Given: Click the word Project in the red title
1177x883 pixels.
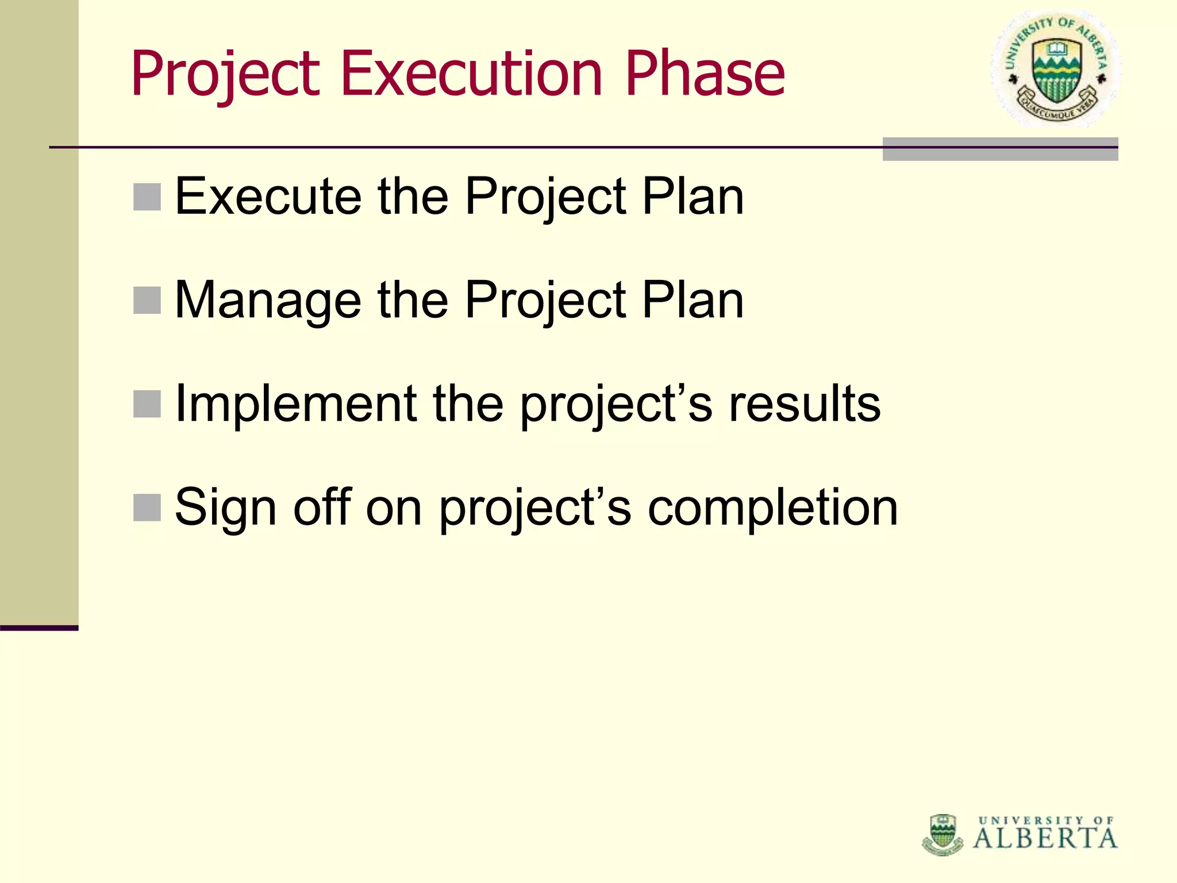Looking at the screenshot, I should point(225,75).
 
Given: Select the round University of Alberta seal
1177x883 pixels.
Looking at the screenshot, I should point(1055,69).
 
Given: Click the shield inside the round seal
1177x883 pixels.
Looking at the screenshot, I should point(1055,72).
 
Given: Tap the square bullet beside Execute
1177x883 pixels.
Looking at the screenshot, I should point(147,197).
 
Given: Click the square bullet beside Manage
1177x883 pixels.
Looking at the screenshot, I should point(147,301).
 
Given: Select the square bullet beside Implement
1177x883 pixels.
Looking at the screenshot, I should point(147,404).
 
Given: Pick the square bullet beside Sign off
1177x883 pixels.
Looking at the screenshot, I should point(147,507).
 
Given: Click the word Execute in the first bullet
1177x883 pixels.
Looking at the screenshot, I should point(268,197).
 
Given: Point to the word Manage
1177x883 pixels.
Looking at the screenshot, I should point(268,301).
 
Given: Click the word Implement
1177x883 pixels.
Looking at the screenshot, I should point(295,404).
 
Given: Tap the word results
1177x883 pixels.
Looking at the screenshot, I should point(805,404).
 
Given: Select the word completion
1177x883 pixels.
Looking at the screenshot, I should point(772,508).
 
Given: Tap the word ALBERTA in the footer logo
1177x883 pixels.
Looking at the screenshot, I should point(1045,839).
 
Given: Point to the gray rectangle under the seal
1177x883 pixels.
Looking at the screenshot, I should point(1000,149).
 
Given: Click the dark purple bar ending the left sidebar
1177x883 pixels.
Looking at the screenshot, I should point(39,628).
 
